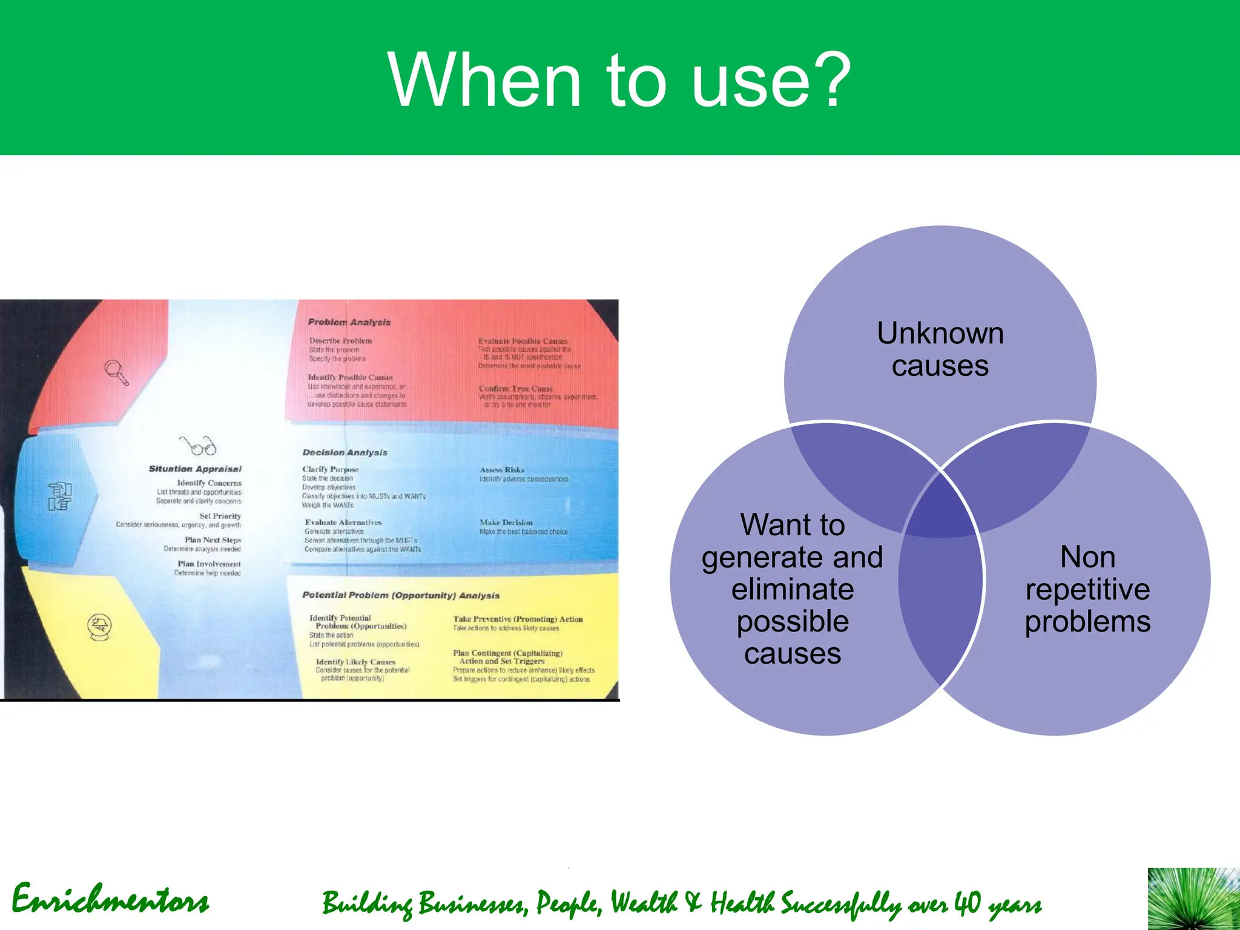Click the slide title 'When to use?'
tap(619, 80)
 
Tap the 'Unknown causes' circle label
tap(940, 349)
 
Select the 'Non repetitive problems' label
tap(1087, 589)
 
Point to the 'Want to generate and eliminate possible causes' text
tap(792, 589)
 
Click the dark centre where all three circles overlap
tap(940, 506)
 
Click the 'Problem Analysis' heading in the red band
tap(349, 322)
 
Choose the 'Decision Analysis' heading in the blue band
tap(345, 452)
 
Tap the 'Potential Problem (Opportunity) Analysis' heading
tap(401, 595)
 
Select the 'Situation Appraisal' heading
tap(195, 469)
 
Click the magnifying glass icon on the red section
tap(116, 372)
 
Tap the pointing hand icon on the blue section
tap(60, 496)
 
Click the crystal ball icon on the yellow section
tap(99, 627)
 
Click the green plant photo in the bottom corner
tap(1193, 899)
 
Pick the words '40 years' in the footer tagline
tap(997, 903)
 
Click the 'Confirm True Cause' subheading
tap(516, 389)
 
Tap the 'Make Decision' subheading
tap(506, 522)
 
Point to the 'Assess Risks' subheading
tap(502, 469)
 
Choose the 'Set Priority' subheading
tap(220, 516)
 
